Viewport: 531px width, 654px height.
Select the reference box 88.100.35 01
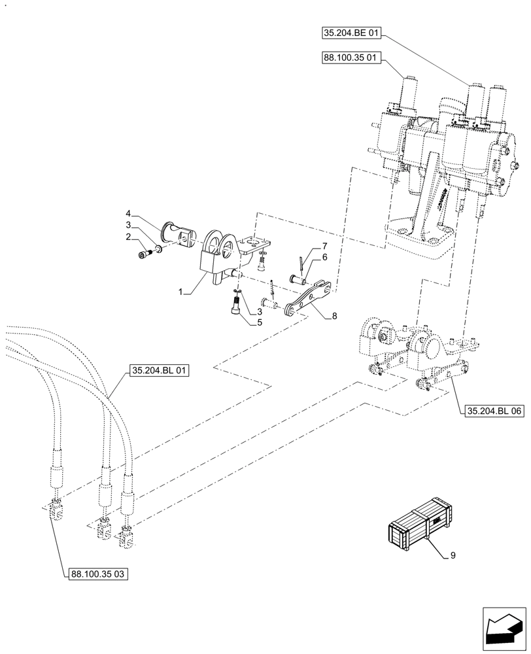point(352,58)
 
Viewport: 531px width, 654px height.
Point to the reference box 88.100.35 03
point(98,574)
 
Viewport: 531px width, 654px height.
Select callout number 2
point(129,237)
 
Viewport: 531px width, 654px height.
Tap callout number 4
point(129,213)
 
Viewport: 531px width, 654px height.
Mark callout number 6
point(324,258)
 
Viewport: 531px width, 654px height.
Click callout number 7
point(324,245)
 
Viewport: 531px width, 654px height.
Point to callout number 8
point(334,316)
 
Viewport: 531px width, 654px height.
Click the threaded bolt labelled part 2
point(144,254)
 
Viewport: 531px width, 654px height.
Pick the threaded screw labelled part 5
point(235,305)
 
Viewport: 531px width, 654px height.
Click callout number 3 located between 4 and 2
point(129,225)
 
